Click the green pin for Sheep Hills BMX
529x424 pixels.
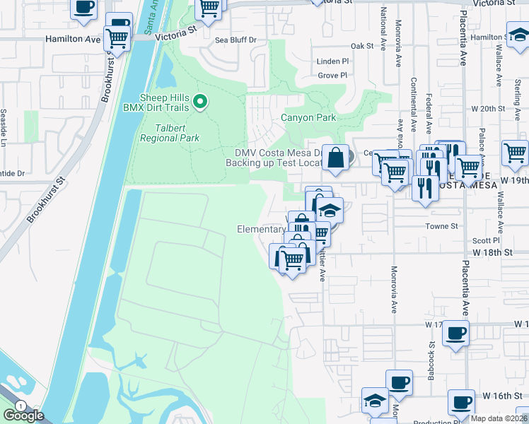pyautogui.click(x=200, y=103)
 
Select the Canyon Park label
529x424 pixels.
pyautogui.click(x=308, y=117)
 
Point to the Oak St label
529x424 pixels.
pyautogui.click(x=361, y=46)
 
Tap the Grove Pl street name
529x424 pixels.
pyautogui.click(x=332, y=75)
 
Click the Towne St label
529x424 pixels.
pyautogui.click(x=442, y=226)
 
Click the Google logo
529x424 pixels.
pyautogui.click(x=24, y=416)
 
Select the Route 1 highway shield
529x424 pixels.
pyautogui.click(x=22, y=406)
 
